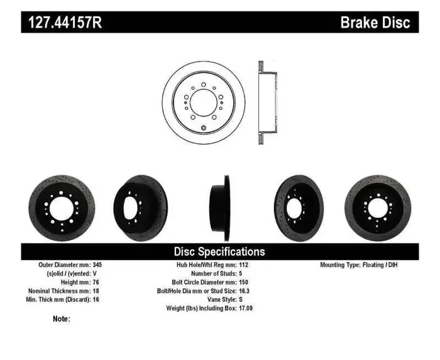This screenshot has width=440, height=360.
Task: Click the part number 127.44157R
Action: pos(64,23)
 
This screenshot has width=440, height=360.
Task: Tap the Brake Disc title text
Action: pos(375,23)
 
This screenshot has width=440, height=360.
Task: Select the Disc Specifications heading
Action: pos(219,251)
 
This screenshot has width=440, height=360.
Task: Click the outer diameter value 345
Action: pos(97,265)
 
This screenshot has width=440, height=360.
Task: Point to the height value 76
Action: pos(95,283)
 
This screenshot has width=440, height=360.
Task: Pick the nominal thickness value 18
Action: pos(95,292)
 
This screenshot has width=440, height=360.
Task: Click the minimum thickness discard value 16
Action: pos(95,300)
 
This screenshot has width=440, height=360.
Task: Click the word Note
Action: pos(62,319)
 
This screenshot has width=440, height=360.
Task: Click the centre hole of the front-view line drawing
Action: pos(203,102)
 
